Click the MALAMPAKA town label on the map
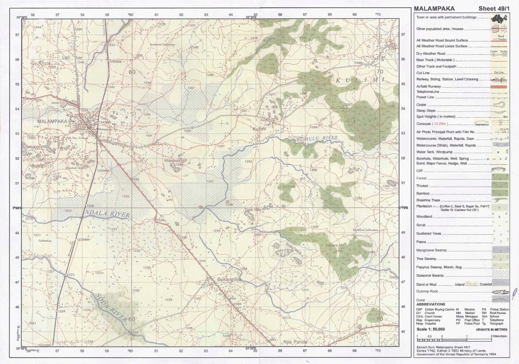click(52, 121)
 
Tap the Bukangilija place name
click(229, 279)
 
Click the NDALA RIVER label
click(107, 213)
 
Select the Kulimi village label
click(259, 129)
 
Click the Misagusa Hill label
click(175, 161)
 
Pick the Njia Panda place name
click(295, 342)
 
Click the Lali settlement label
click(66, 57)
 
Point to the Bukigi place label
click(38, 166)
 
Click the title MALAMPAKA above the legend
click(434, 9)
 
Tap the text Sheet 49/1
click(493, 9)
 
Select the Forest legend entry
click(421, 178)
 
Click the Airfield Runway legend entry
click(428, 86)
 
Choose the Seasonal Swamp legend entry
click(430, 275)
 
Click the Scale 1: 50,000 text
click(430, 329)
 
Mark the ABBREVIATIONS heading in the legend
click(430, 304)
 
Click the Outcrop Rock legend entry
click(427, 291)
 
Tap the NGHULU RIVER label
click(317, 139)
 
